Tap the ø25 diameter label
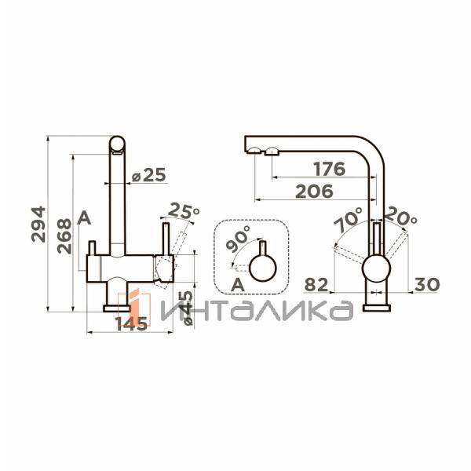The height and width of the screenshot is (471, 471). click(149, 176)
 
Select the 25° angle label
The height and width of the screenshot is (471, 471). click(185, 211)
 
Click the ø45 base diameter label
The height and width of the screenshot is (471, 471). click(186, 308)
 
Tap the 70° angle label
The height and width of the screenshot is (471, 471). click(348, 221)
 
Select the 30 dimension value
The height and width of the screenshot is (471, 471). click(424, 284)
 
